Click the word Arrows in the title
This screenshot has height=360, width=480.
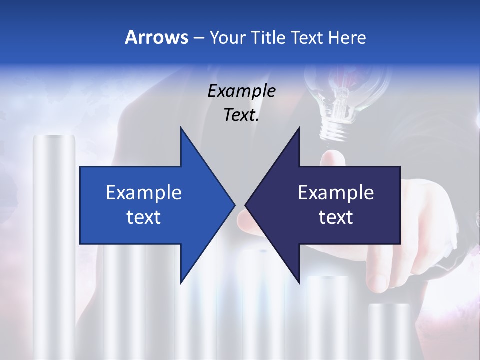pyautogui.click(x=156, y=37)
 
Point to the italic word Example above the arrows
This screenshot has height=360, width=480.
pyautogui.click(x=241, y=91)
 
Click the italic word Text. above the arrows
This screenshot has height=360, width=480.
pyautogui.click(x=241, y=115)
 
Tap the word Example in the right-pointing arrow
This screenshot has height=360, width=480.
pyautogui.click(x=144, y=193)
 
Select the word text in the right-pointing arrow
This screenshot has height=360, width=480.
pyautogui.click(x=144, y=217)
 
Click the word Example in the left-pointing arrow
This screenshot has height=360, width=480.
pyautogui.click(x=336, y=193)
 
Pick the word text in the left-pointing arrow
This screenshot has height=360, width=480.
pyautogui.click(x=336, y=217)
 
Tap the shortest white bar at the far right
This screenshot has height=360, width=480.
pyautogui.click(x=389, y=330)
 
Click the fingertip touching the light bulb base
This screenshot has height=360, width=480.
pyautogui.click(x=329, y=159)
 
